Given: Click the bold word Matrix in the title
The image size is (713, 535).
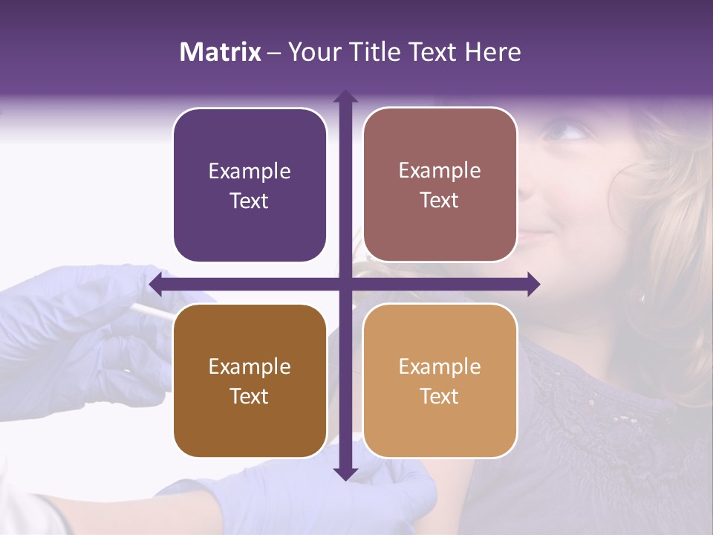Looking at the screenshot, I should coord(221,52).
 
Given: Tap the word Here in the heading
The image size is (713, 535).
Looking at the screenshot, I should coord(492,52).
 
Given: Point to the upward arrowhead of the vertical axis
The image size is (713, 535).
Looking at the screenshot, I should coord(345,96).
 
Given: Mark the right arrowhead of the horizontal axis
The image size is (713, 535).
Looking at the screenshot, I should coord(533,284).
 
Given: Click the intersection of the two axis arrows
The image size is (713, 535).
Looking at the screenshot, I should coord(345,284).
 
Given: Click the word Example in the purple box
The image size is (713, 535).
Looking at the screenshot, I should coord(250,172).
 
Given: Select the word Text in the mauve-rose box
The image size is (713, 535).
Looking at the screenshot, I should coord(440,201).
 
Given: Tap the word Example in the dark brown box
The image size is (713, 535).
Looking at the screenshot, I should coord(250,367).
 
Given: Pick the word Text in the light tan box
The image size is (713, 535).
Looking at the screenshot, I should coord(440,396).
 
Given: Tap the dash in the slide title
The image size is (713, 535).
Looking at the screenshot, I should coord(274,53).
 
